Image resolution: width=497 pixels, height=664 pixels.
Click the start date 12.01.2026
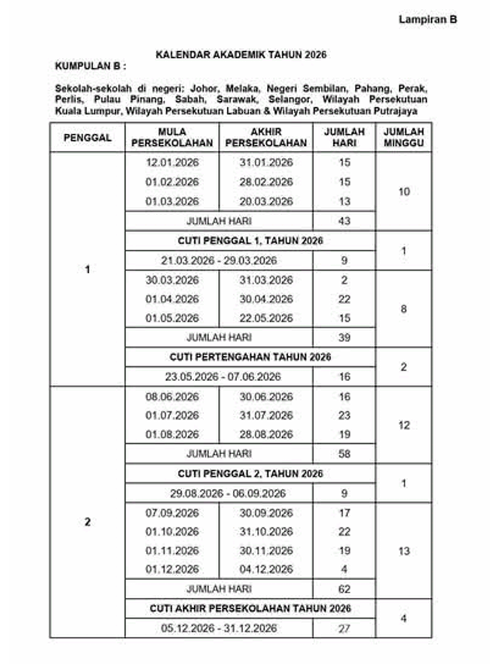pyautogui.click(x=172, y=163)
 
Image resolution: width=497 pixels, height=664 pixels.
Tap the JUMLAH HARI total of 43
pyautogui.click(x=345, y=221)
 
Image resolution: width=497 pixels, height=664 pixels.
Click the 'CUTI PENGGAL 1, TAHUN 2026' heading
pyautogui.click(x=250, y=241)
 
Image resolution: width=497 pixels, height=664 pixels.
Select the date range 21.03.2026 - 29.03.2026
pyautogui.click(x=219, y=260)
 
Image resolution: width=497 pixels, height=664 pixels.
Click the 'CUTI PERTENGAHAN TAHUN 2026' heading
pyautogui.click(x=250, y=357)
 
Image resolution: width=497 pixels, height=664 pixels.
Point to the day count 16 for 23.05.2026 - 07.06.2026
pyautogui.click(x=345, y=377)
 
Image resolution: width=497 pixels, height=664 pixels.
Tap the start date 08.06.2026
pyautogui.click(x=172, y=396)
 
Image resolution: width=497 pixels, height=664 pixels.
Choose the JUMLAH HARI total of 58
pyautogui.click(x=345, y=454)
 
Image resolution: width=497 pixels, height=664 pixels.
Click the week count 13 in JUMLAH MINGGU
pyautogui.click(x=403, y=551)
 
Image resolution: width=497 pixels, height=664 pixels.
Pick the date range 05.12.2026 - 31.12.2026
pyautogui.click(x=219, y=628)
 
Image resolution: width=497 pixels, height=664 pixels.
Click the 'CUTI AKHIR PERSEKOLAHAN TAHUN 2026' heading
pyautogui.click(x=250, y=609)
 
